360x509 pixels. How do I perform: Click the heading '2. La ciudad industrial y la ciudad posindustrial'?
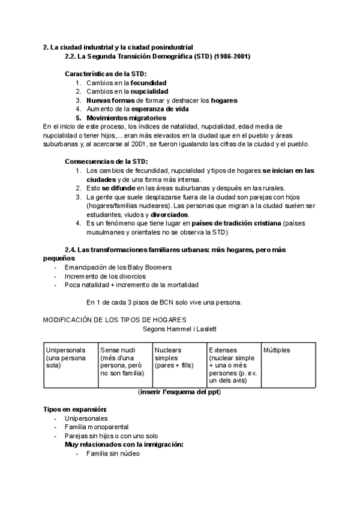pos(118,47)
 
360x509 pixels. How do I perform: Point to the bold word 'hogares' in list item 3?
pos(224,100)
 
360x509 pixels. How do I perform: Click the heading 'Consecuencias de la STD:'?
pos(106,161)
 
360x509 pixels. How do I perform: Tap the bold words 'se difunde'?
pos(118,188)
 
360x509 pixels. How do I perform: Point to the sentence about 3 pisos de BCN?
pos(164,303)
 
